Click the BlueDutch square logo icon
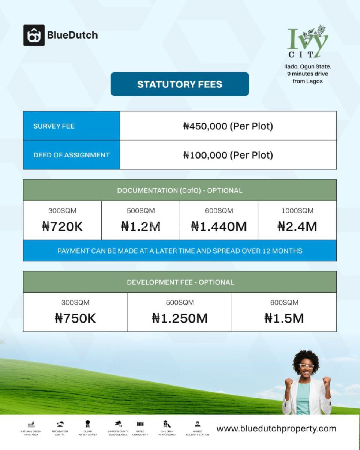pyautogui.click(x=34, y=35)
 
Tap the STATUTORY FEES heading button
pyautogui.click(x=180, y=84)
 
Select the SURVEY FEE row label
pyautogui.click(x=54, y=126)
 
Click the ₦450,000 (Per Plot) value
pyautogui.click(x=228, y=126)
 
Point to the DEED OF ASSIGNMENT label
pyautogui.click(x=71, y=155)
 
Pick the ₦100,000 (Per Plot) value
pyautogui.click(x=228, y=155)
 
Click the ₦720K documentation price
pyautogui.click(x=62, y=226)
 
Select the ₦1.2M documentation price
pyautogui.click(x=141, y=226)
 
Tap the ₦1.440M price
pyautogui.click(x=219, y=226)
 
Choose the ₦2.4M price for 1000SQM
pyautogui.click(x=297, y=226)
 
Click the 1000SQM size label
pyautogui.click(x=297, y=211)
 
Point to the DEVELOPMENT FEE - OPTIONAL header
pyautogui.click(x=180, y=282)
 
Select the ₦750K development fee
pyautogui.click(x=75, y=318)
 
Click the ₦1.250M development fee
pyautogui.click(x=180, y=318)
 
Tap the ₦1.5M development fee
pyautogui.click(x=284, y=318)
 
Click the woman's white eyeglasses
pyautogui.click(x=306, y=366)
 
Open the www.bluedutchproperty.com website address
pyautogui.click(x=276, y=428)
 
